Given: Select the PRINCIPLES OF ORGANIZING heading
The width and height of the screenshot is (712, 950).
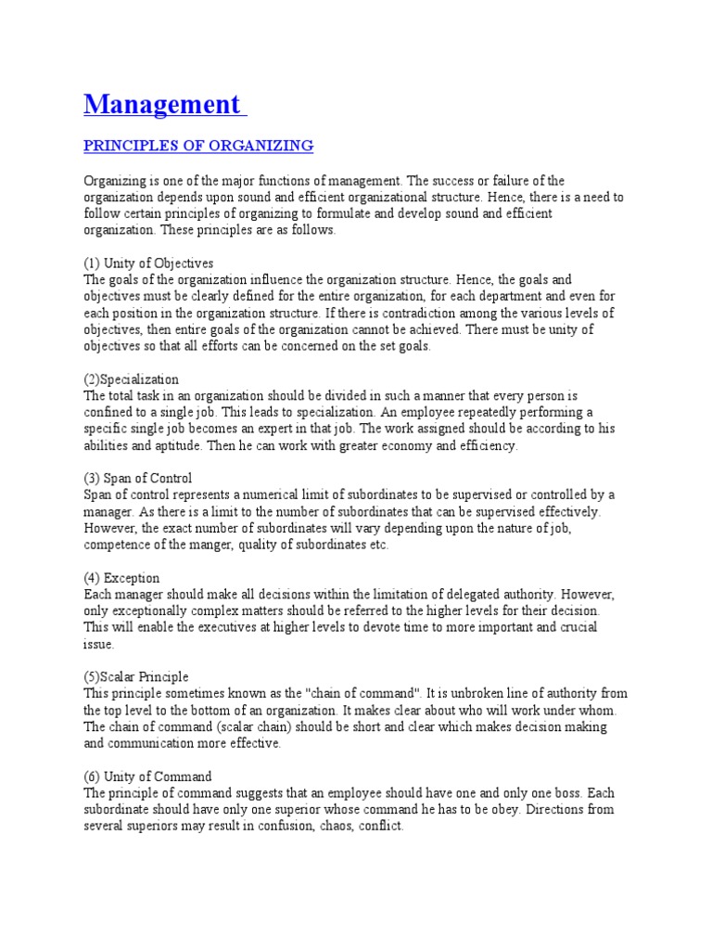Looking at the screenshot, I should click(x=198, y=146).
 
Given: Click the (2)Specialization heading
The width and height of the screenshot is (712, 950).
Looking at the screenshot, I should click(x=131, y=379).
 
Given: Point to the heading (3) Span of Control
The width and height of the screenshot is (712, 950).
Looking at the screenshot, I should click(x=138, y=479).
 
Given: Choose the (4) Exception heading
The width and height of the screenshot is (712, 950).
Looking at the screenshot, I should click(x=121, y=578).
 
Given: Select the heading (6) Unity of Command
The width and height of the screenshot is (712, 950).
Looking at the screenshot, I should click(x=147, y=777).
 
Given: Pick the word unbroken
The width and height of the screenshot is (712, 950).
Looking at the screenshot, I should click(x=498, y=693).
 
